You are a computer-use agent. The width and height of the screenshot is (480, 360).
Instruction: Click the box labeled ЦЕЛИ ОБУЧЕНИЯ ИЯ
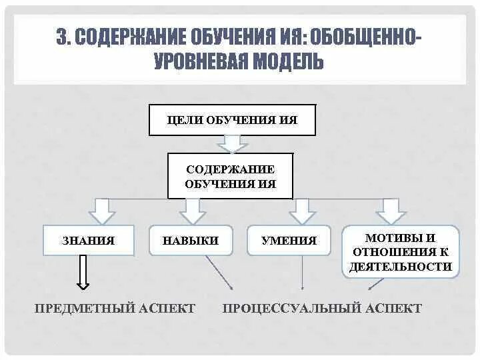pyautogui.click(x=232, y=120)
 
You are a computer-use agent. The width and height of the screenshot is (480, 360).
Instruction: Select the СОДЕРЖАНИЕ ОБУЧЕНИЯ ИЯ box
pyautogui.click(x=230, y=176)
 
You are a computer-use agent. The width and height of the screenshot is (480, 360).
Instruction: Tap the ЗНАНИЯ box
pyautogui.click(x=88, y=241)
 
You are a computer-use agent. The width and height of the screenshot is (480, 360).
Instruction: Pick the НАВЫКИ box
pyautogui.click(x=191, y=241)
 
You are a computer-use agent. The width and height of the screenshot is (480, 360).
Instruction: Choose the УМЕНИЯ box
pyautogui.click(x=289, y=241)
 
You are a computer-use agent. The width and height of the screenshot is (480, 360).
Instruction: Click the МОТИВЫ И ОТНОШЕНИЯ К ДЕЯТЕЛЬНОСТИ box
pyautogui.click(x=401, y=251)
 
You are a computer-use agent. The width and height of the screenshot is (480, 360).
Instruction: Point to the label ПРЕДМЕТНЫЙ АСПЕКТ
pyautogui.click(x=115, y=308)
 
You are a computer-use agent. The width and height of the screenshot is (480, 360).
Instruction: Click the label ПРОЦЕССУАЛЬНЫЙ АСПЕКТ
pyautogui.click(x=322, y=308)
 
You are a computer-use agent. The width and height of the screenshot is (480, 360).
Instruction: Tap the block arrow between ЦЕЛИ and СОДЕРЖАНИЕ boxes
pyautogui.click(x=232, y=143)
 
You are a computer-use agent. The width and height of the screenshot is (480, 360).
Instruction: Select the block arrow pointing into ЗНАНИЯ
pyautogui.click(x=102, y=211)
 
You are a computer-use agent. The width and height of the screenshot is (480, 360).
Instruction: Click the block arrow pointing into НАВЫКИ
pyautogui.click(x=193, y=211)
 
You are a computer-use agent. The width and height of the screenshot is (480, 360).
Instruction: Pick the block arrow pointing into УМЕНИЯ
pyautogui.click(x=302, y=211)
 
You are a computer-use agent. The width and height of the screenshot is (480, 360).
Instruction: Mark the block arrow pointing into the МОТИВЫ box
pyautogui.click(x=391, y=211)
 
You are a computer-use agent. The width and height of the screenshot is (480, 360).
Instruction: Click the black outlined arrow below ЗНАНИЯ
pyautogui.click(x=83, y=273)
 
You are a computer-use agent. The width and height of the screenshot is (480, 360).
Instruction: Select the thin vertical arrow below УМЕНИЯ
pyautogui.click(x=303, y=273)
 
